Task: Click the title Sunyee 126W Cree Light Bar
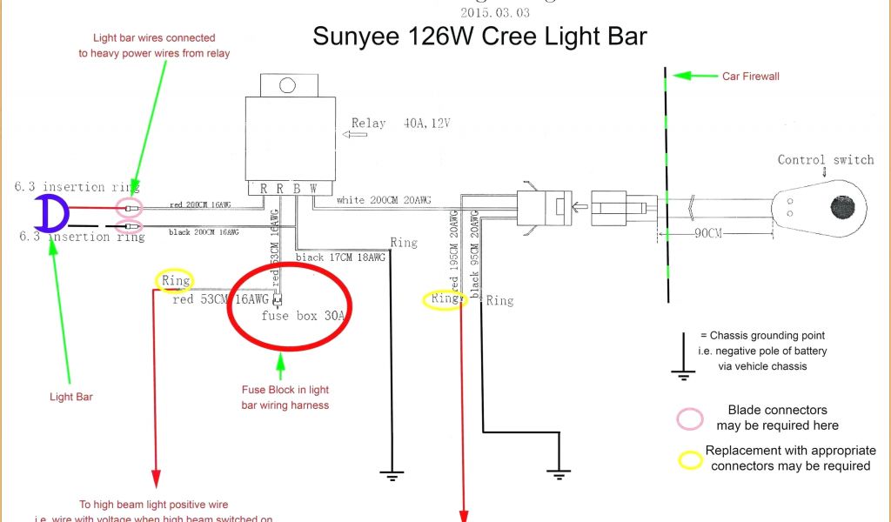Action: click(479, 37)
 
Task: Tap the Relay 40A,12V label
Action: click(401, 124)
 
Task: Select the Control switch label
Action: click(825, 159)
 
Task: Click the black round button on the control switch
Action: click(842, 207)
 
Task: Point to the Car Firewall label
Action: click(751, 77)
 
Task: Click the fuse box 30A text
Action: click(304, 315)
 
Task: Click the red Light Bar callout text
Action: click(71, 397)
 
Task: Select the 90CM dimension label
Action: click(709, 233)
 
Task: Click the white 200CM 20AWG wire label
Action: click(384, 200)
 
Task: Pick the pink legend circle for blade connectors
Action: click(689, 418)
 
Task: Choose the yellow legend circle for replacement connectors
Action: click(689, 458)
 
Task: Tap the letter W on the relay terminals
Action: click(312, 188)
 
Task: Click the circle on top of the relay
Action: click(285, 84)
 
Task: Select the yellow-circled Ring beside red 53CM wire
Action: click(174, 280)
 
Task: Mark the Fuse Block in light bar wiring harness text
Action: click(285, 398)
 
